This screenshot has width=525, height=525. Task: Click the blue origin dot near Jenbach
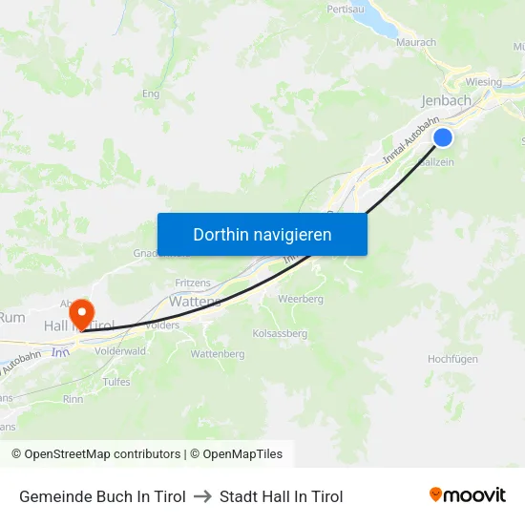(443, 137)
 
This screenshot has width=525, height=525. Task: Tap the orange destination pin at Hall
(81, 312)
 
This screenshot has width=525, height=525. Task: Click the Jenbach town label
(447, 100)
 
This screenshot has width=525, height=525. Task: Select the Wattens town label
(195, 301)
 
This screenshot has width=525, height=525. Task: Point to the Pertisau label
(346, 9)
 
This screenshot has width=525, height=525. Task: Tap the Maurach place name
(414, 42)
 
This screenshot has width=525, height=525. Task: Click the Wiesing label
(483, 82)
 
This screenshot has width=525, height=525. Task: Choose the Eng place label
(150, 94)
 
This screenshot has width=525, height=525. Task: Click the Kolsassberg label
(280, 334)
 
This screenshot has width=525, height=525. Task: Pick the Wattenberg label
(218, 354)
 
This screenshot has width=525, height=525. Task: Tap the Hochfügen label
(452, 359)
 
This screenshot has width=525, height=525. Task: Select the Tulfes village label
(116, 382)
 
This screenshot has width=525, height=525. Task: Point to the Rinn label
(73, 399)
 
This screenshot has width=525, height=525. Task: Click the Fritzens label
(193, 283)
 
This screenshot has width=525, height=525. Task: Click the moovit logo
(467, 494)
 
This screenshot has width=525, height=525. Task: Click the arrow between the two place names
(202, 496)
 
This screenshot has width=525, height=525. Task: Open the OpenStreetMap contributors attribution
(102, 454)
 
